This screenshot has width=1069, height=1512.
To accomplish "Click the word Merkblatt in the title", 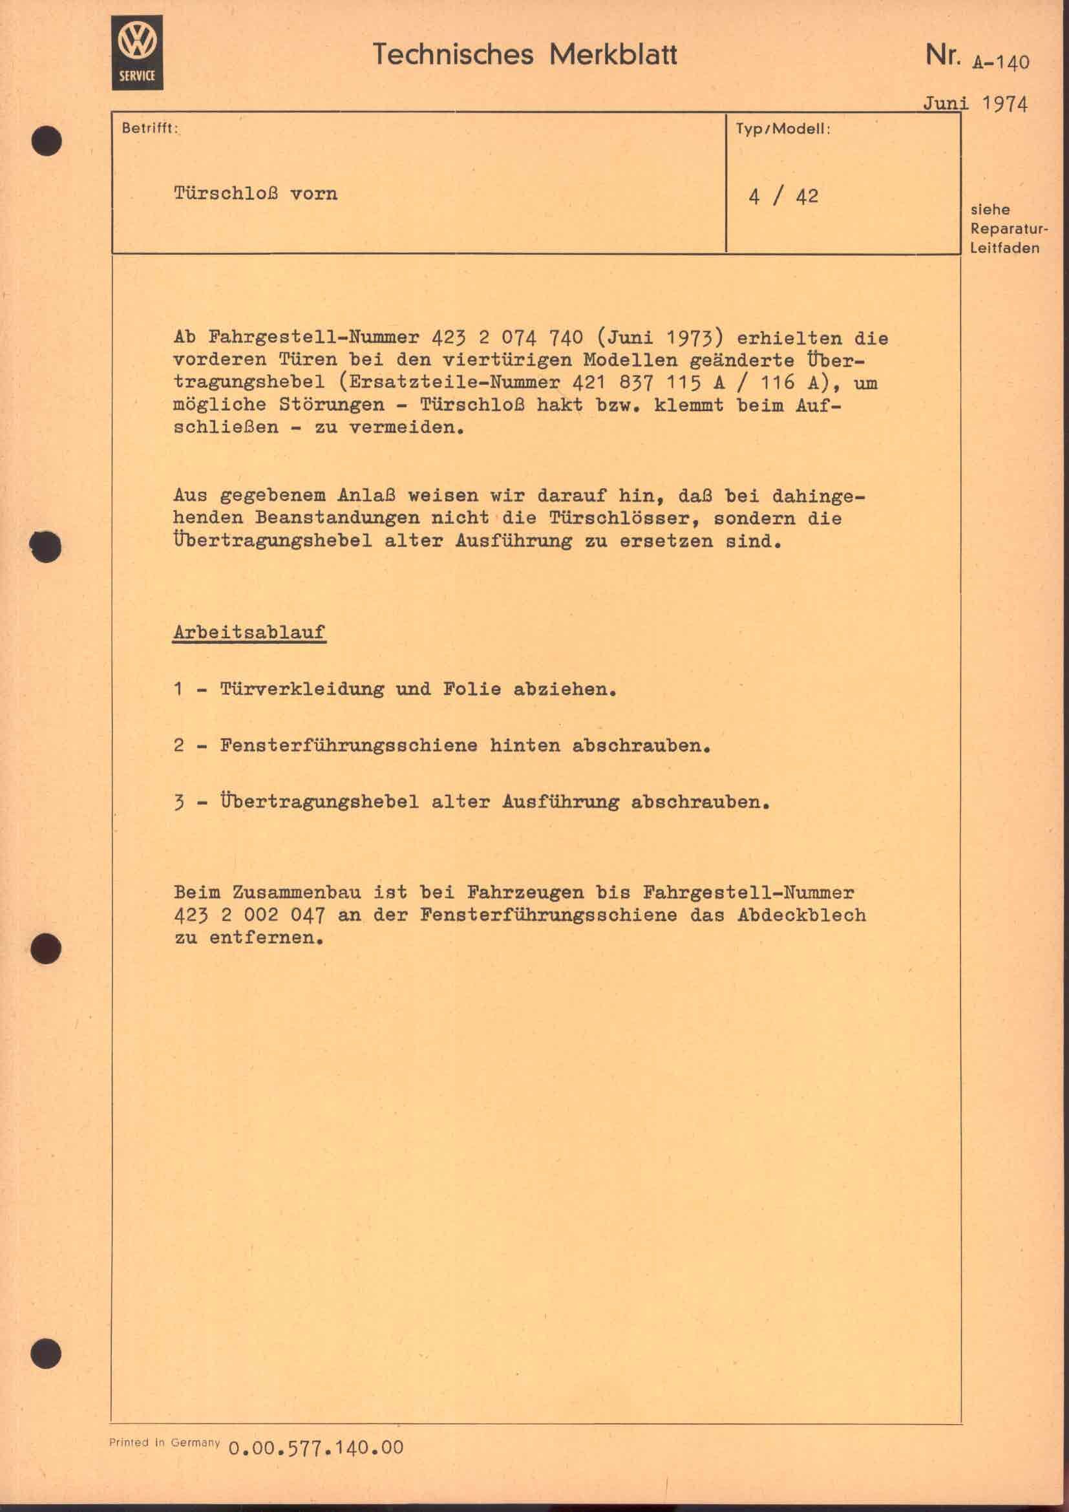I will click(x=613, y=55).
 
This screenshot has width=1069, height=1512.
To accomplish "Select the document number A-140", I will click(x=1000, y=63).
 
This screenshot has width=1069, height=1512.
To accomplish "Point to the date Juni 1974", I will click(x=974, y=103).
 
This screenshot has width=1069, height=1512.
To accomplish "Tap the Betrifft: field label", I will click(x=149, y=129).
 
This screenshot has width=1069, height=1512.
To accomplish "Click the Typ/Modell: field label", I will click(x=783, y=129).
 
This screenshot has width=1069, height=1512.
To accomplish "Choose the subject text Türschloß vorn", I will click(x=255, y=194).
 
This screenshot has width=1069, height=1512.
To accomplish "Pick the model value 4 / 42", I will click(x=783, y=197).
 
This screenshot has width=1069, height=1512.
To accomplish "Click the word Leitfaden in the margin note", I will click(x=1004, y=248).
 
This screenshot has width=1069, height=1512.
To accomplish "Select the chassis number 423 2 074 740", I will click(x=507, y=339).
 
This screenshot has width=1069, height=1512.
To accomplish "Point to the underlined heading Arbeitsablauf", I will click(x=249, y=632).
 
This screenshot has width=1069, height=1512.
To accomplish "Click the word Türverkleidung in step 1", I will click(x=301, y=690).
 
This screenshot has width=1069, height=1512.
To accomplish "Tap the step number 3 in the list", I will click(x=179, y=803).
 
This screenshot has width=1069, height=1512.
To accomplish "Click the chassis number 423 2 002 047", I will click(x=249, y=915).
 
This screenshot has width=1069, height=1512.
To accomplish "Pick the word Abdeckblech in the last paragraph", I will click(x=801, y=915).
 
